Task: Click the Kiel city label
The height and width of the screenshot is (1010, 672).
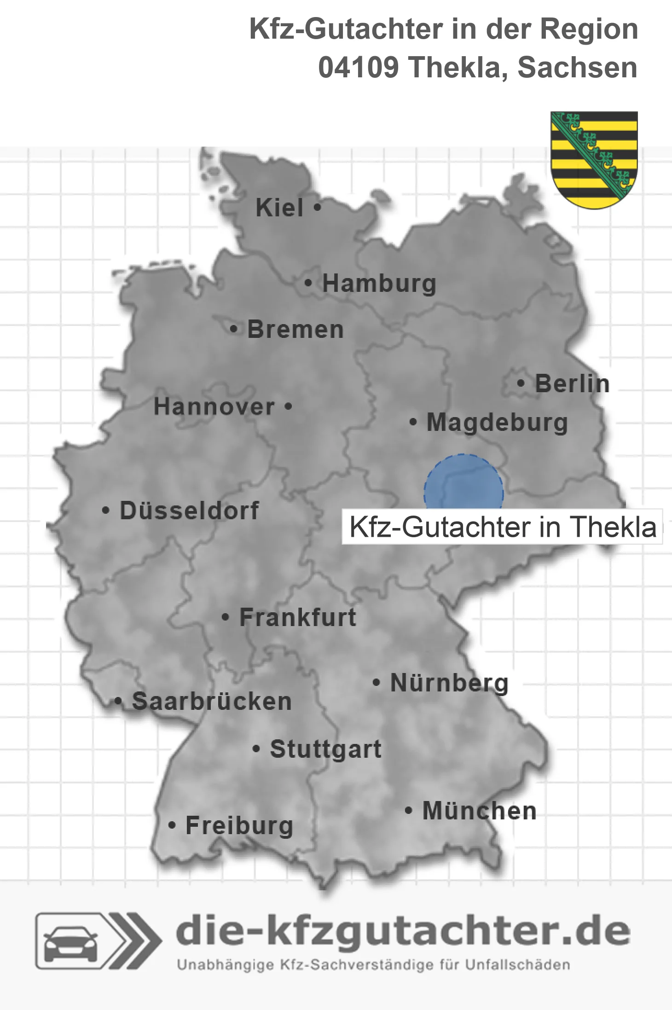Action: point(279,208)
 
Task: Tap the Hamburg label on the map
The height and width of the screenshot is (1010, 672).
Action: point(379,284)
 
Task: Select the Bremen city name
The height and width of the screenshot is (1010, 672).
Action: point(295,330)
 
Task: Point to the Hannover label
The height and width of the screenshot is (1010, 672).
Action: point(214,407)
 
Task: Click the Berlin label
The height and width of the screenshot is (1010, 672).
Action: point(572,384)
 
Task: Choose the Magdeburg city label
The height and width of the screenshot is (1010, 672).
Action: point(497,423)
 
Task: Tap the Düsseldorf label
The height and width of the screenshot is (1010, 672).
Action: point(189,511)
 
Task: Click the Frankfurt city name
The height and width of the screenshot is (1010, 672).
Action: point(298,617)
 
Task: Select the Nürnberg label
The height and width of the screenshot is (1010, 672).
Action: point(449,683)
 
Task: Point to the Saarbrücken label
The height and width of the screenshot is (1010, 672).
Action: point(212,702)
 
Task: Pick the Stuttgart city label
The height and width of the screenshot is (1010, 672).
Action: point(325,749)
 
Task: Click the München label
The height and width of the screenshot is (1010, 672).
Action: point(479,811)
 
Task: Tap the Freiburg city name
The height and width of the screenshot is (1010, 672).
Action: point(239,825)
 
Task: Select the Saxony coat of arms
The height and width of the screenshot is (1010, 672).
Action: point(594,159)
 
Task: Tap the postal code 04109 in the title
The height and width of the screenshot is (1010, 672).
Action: point(358,68)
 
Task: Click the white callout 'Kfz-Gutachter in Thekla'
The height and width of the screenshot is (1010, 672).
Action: point(502,527)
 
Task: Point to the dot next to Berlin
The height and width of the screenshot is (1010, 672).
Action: point(521,383)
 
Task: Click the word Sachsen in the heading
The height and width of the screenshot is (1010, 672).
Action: point(578,68)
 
